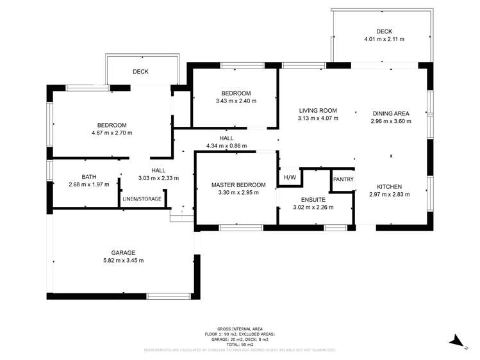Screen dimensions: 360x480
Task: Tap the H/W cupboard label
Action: tap(290, 177)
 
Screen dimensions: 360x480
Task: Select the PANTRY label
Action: tap(343, 179)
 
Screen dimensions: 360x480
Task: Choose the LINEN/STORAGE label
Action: tap(142, 199)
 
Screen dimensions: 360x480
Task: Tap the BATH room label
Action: tap(89, 177)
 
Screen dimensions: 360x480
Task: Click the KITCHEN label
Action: tap(389, 186)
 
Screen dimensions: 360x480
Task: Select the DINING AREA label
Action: tap(390, 113)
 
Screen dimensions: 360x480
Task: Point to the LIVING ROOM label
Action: tap(317, 110)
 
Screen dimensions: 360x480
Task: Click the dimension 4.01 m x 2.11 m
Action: tap(384, 39)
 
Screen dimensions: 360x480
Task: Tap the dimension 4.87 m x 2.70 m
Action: tap(112, 133)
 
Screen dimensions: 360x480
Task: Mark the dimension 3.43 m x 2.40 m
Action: tap(236, 101)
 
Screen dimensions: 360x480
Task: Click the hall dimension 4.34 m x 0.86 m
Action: tap(226, 146)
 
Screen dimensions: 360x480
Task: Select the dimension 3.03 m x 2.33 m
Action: tap(158, 178)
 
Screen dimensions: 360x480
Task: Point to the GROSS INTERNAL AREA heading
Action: tap(240, 327)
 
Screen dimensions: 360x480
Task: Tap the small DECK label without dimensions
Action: tap(140, 72)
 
